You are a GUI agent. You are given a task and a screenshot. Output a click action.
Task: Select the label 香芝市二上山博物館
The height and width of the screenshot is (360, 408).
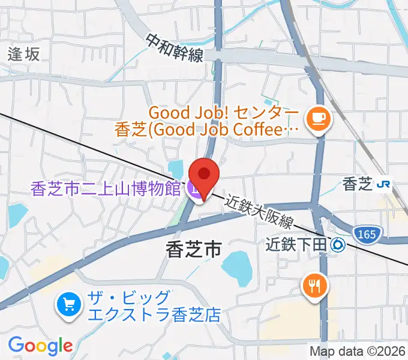pos(106,190)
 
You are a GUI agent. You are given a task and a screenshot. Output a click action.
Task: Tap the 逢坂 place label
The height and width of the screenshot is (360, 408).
pos(24,54)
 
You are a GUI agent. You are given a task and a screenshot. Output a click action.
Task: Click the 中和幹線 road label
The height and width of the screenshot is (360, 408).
pos(175,47)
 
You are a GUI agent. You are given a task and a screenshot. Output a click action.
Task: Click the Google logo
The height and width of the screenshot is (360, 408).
pos(40,346)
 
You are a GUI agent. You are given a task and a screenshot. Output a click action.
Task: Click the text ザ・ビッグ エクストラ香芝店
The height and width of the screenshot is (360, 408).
pos(154,306)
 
